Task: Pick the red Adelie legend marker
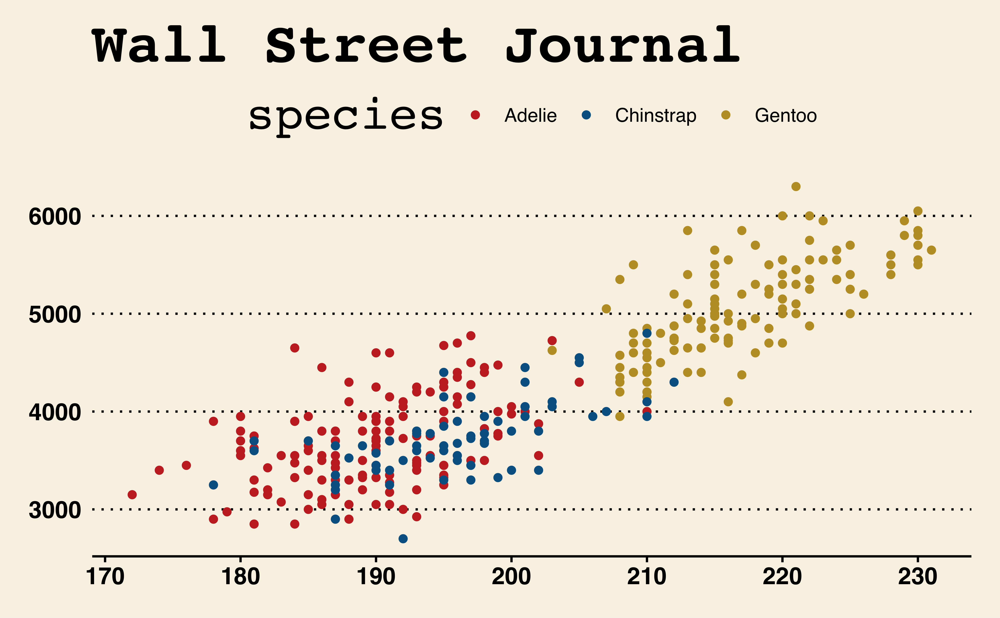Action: [475, 115]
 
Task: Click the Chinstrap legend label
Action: [656, 116]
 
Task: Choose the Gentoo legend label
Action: [785, 116]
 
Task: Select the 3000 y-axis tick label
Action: [55, 510]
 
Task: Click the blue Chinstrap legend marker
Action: [586, 115]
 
